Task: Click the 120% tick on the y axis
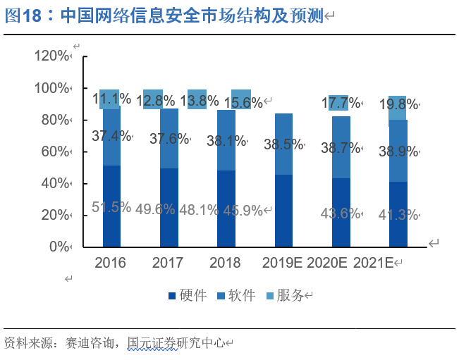pyautogui.click(x=53, y=56)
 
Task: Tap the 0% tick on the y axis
pyautogui.click(x=59, y=247)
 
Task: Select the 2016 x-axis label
pyautogui.click(x=110, y=263)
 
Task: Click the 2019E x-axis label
pyautogui.click(x=282, y=263)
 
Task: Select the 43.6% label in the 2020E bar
pyautogui.click(x=341, y=213)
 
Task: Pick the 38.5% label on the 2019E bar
pyautogui.click(x=283, y=144)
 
